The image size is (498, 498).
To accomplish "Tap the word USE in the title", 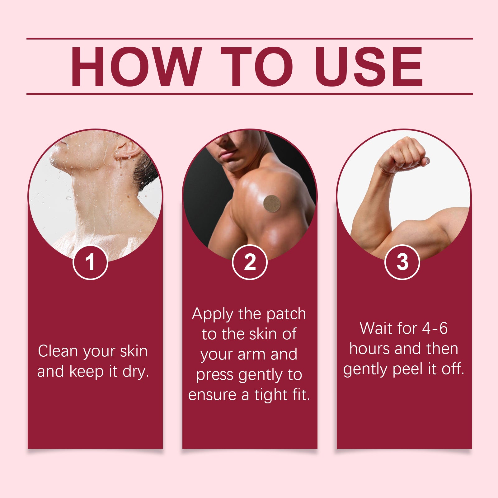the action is [x=369, y=66].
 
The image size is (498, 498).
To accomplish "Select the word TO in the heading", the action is [x=257, y=66].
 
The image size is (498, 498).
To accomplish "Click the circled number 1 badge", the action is [x=90, y=262].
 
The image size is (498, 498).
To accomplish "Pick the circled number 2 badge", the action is [x=250, y=262].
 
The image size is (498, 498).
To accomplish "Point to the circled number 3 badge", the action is [x=402, y=262].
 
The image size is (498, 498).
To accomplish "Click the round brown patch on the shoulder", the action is [x=272, y=204].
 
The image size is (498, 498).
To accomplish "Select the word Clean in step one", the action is [x=58, y=351].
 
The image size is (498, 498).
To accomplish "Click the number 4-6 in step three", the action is [x=435, y=328].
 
